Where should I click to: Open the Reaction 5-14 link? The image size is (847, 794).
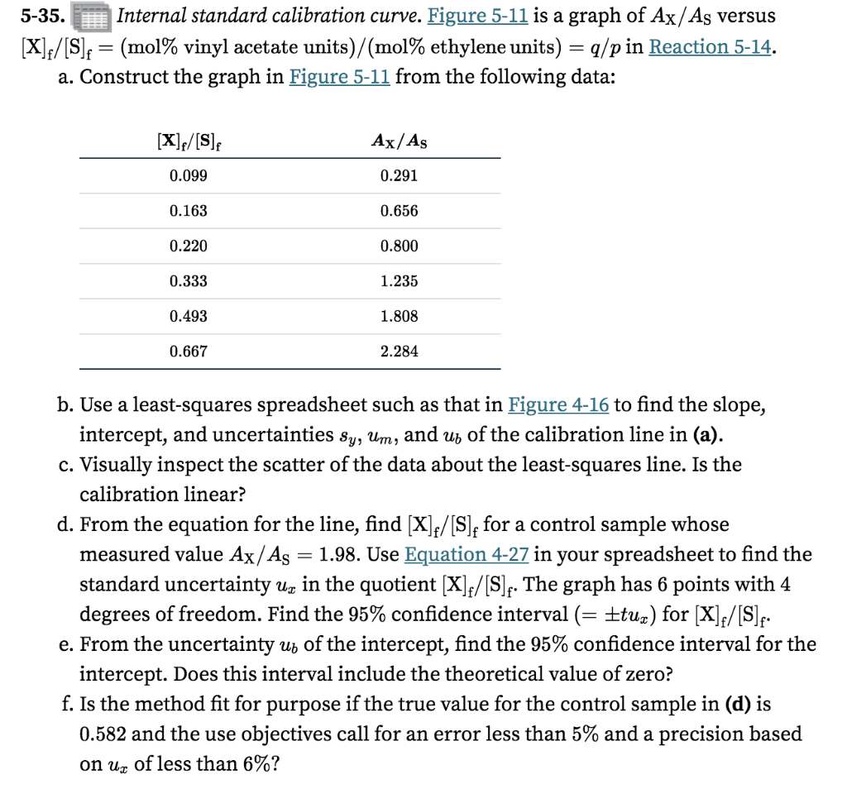pos(712,46)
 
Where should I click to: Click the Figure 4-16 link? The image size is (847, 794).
pos(558,404)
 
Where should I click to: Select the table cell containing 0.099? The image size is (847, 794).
pos(188,175)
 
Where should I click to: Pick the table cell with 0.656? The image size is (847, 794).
pos(399,211)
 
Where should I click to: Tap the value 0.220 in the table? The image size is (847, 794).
pos(188,246)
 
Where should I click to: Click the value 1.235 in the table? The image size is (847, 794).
pos(399,281)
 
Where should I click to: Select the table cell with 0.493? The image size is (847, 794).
pos(188,316)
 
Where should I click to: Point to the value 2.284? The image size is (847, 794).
pos(399,352)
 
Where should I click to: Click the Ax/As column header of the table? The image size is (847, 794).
pos(399,140)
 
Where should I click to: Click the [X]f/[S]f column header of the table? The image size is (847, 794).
pos(189,140)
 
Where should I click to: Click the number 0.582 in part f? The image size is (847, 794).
pos(103,734)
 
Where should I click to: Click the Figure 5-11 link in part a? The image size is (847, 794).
pos(340,77)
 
